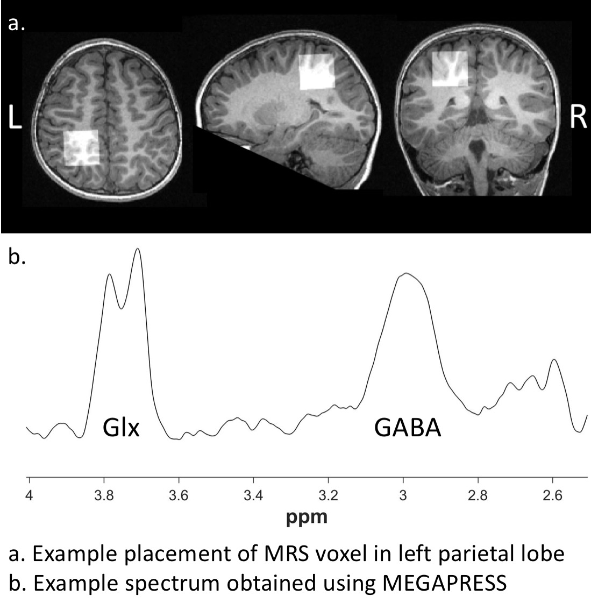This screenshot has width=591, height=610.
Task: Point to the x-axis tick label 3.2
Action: tap(329, 495)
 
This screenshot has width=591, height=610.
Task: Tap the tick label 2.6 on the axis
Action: tap(553, 495)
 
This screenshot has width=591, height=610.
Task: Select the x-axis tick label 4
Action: tap(30, 495)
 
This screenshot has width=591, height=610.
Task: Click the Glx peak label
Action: tap(121, 429)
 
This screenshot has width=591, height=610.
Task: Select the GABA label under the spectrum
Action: tap(408, 429)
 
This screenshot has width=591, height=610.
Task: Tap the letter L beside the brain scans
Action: tap(15, 117)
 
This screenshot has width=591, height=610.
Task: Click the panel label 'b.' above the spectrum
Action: tap(18, 257)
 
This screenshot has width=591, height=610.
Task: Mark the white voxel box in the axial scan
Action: tap(81, 147)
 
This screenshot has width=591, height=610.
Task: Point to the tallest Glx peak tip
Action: tap(138, 249)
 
